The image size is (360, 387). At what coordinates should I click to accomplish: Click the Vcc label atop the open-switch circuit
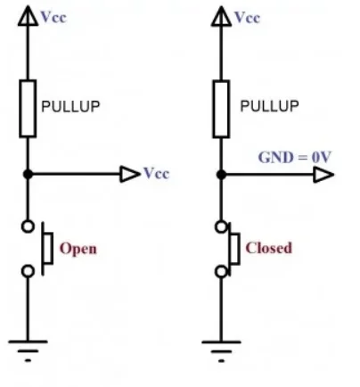pos(53,17)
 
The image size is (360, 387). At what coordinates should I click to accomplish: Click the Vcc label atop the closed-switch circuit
pos(247,18)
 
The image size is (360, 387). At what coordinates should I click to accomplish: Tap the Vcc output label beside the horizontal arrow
pos(157,173)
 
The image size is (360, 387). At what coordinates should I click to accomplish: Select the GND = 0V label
pos(295,157)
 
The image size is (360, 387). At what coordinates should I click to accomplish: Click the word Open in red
pos(78,249)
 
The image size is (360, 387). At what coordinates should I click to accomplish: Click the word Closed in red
pos(269,248)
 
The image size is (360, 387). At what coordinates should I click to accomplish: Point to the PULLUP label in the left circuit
pos(70,106)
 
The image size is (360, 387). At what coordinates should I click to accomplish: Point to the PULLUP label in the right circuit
pos(269,106)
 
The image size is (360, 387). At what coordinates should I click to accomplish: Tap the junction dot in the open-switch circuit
pos(28,174)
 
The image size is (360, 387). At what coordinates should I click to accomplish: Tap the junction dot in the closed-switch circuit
pos(221,175)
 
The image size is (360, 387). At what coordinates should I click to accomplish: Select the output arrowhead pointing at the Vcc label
pos(130,174)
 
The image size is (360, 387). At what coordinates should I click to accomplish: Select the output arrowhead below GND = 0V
pos(323,175)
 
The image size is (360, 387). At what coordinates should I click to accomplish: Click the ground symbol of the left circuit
pos(28,350)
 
